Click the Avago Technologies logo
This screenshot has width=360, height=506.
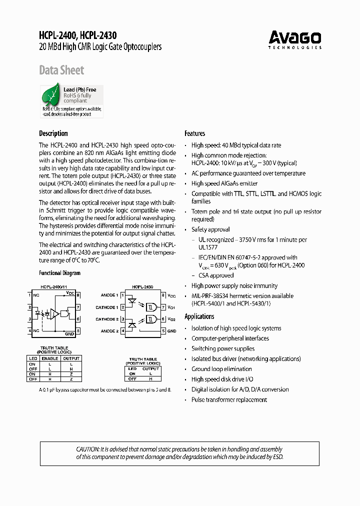point(294,39)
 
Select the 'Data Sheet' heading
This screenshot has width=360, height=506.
point(61,70)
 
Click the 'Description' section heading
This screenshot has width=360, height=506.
point(53,133)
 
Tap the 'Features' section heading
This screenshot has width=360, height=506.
point(194,133)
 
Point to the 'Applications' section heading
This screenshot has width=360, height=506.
point(199,316)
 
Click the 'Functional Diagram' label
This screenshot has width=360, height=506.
point(59,273)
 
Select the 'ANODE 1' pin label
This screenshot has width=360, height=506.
point(109,295)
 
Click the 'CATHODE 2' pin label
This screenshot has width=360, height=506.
point(106,319)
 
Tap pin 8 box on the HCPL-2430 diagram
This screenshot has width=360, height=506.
point(163,295)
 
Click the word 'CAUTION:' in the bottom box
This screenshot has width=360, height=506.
point(87,449)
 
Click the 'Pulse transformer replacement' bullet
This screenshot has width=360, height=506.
point(229,399)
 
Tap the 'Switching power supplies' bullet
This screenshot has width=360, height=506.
point(222,348)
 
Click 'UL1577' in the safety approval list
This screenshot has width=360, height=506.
point(208,247)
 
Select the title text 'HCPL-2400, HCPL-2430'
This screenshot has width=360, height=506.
point(77,35)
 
